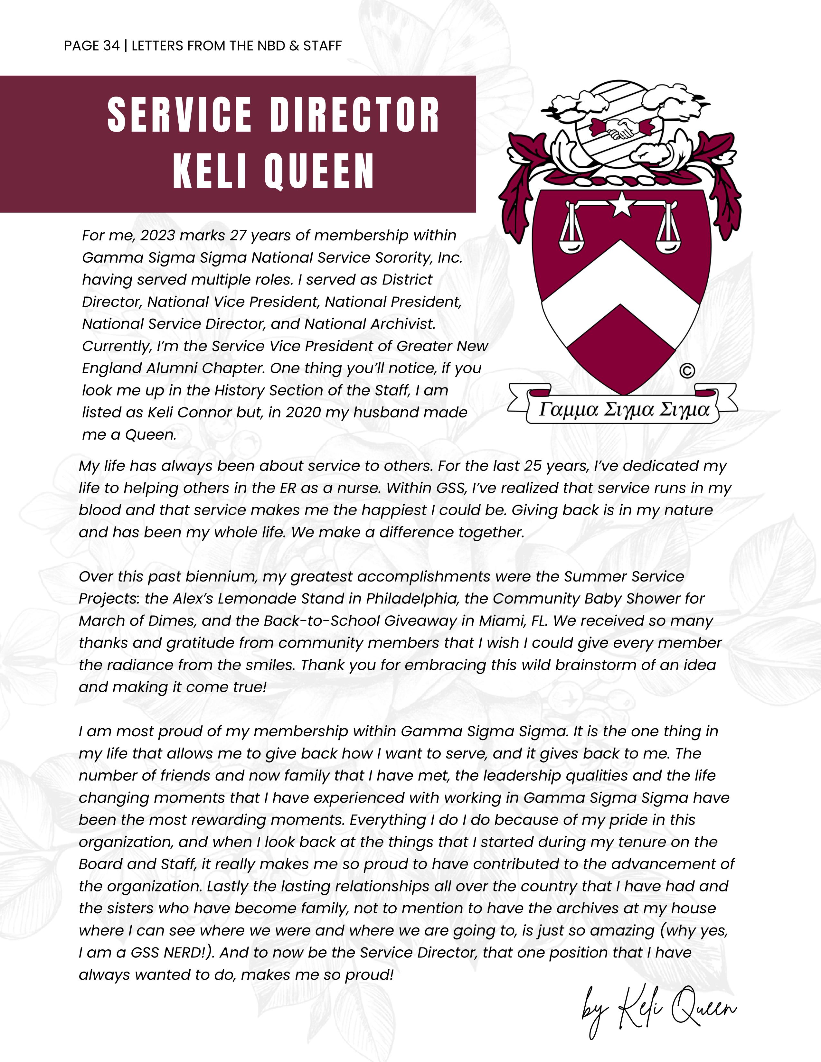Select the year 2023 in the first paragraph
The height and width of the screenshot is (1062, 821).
pos(157,235)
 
